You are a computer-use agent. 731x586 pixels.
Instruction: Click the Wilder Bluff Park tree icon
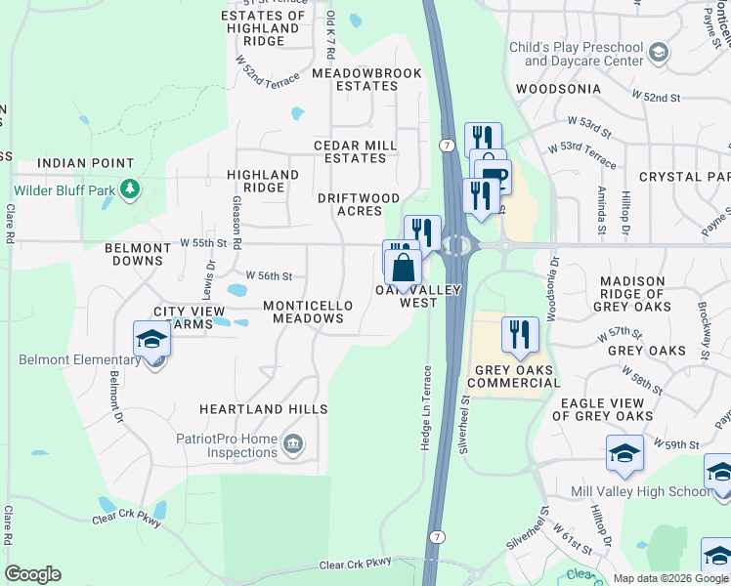(x=130, y=188)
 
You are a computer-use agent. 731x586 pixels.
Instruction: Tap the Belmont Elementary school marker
(x=152, y=340)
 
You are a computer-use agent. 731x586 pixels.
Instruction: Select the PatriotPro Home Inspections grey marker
(x=292, y=446)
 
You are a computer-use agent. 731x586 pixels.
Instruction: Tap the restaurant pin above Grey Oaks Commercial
(x=520, y=334)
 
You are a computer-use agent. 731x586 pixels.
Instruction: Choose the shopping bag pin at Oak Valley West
(x=403, y=267)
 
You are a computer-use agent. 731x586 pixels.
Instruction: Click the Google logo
(x=32, y=574)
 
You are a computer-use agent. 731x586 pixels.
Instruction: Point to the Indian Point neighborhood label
(x=85, y=163)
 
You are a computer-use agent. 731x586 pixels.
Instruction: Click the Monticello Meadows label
(x=308, y=312)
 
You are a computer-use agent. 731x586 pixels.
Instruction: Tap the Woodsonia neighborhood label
(x=558, y=89)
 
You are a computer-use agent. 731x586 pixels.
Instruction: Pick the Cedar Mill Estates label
(x=355, y=151)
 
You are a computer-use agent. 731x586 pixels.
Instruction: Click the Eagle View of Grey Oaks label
(x=602, y=409)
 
